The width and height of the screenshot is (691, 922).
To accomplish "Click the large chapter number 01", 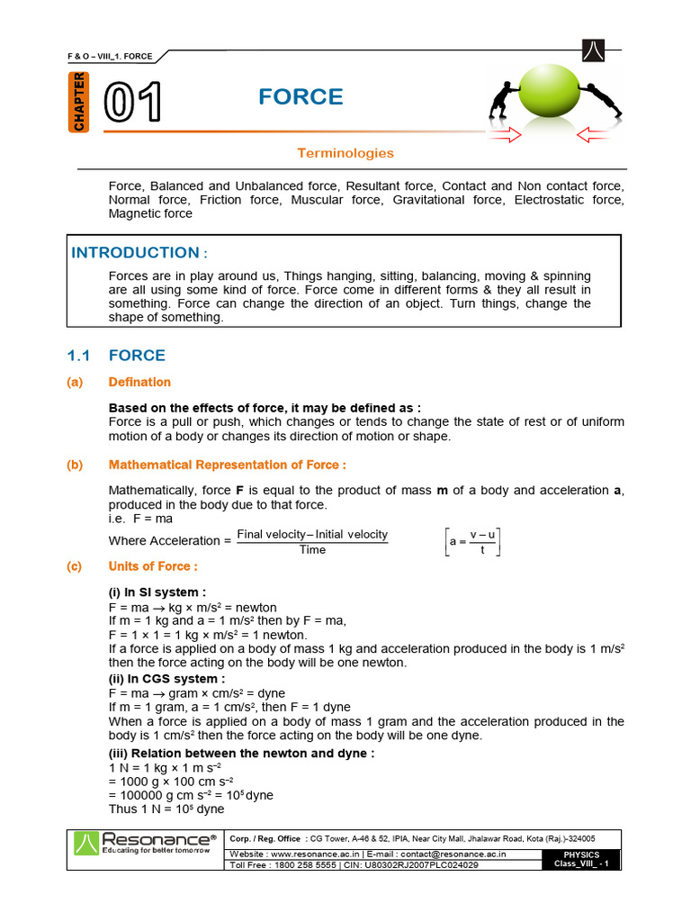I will click(133, 103).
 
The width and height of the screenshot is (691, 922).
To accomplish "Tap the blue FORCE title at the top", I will click(301, 97).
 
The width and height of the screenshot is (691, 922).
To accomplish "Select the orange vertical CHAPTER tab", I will click(79, 101).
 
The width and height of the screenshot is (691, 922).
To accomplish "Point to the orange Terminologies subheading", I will click(345, 153).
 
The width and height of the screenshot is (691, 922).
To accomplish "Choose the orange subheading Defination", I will click(139, 383).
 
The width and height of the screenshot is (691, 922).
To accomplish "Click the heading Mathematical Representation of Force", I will click(227, 465).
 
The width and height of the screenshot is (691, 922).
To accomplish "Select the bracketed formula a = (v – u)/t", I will click(474, 542).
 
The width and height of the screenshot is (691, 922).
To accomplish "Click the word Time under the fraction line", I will click(312, 550).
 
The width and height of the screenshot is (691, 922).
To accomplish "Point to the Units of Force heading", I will click(153, 566).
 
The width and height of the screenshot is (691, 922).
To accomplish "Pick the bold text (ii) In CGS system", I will click(166, 678).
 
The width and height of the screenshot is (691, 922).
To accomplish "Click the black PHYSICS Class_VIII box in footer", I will click(580, 858).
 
